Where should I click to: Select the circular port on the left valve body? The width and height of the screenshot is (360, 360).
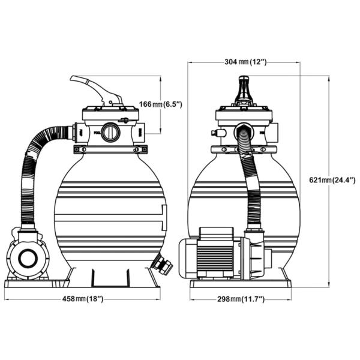(x=110, y=132)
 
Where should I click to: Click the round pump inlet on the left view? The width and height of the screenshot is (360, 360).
(x=28, y=259)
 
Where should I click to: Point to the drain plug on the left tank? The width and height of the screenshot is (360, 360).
(x=162, y=263)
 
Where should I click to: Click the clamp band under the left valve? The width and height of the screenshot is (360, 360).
(x=110, y=149)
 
